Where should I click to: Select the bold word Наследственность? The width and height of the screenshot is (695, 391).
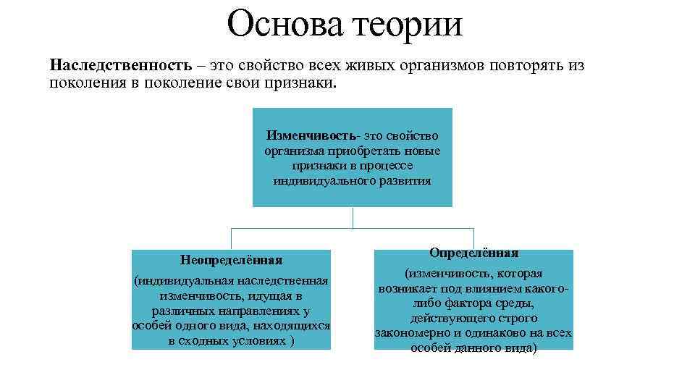(120, 66)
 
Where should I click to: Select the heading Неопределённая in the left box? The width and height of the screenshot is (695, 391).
(231, 259)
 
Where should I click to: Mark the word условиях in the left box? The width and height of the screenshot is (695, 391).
(257, 341)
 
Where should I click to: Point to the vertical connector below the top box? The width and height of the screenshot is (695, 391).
(353, 217)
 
